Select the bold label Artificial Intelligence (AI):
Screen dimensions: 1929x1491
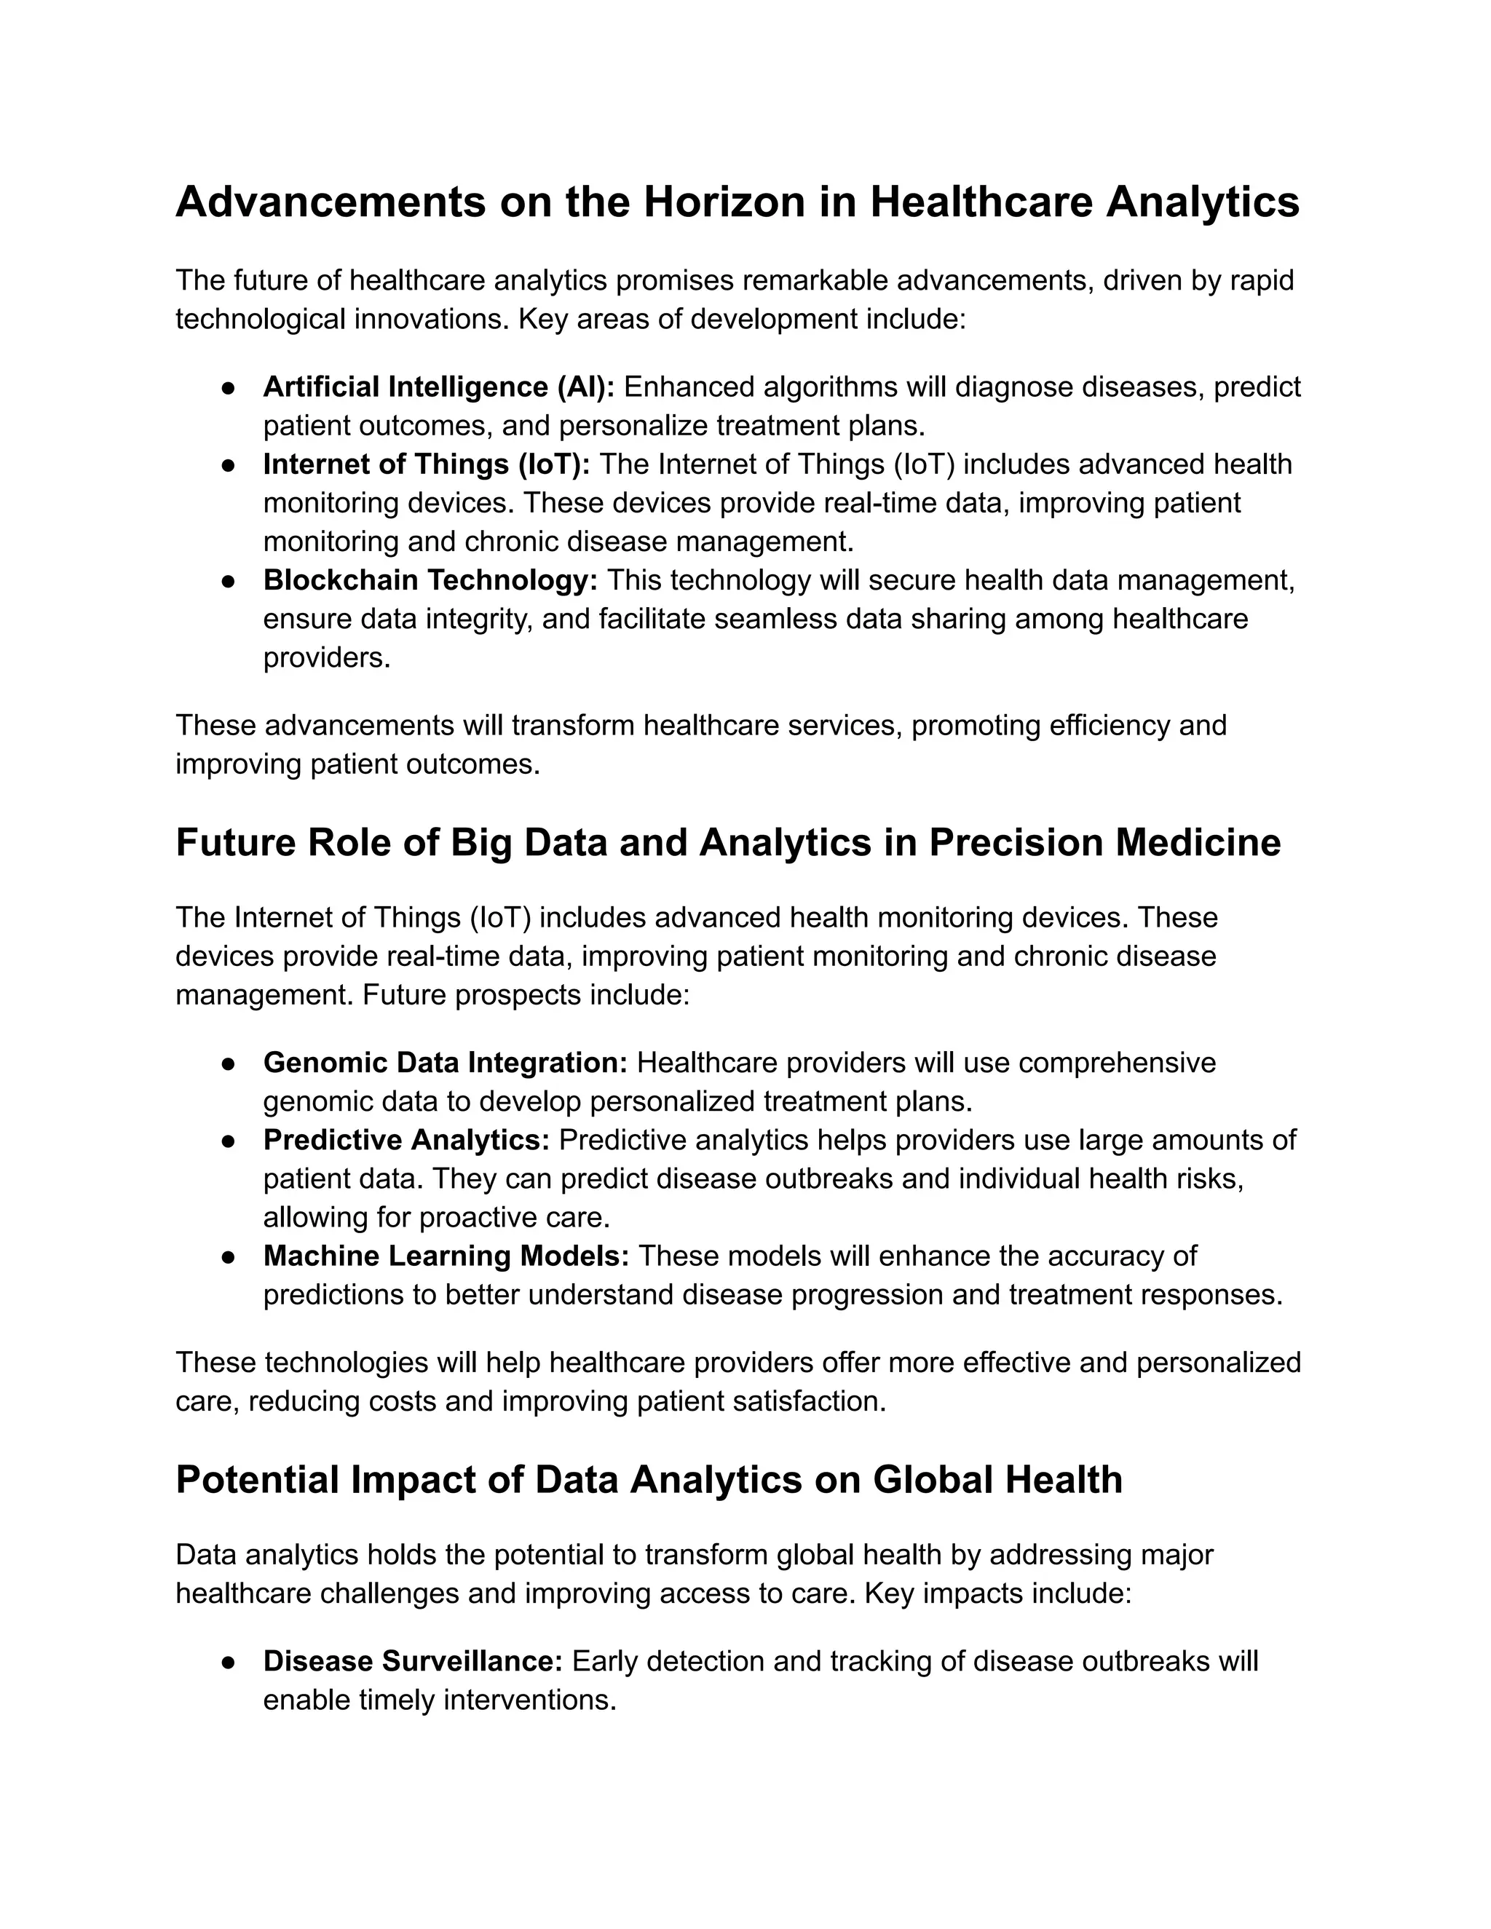[438, 387]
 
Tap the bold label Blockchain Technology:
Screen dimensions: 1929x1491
[430, 580]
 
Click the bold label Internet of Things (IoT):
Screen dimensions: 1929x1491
[426, 464]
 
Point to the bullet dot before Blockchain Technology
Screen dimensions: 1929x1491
[228, 581]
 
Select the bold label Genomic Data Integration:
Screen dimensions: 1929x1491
[444, 1063]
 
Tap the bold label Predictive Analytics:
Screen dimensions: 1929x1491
[406, 1140]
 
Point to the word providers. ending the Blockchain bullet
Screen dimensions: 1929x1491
[326, 658]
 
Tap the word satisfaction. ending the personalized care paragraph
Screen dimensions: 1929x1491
[808, 1402]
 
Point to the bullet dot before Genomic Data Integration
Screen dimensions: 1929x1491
[228, 1063]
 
